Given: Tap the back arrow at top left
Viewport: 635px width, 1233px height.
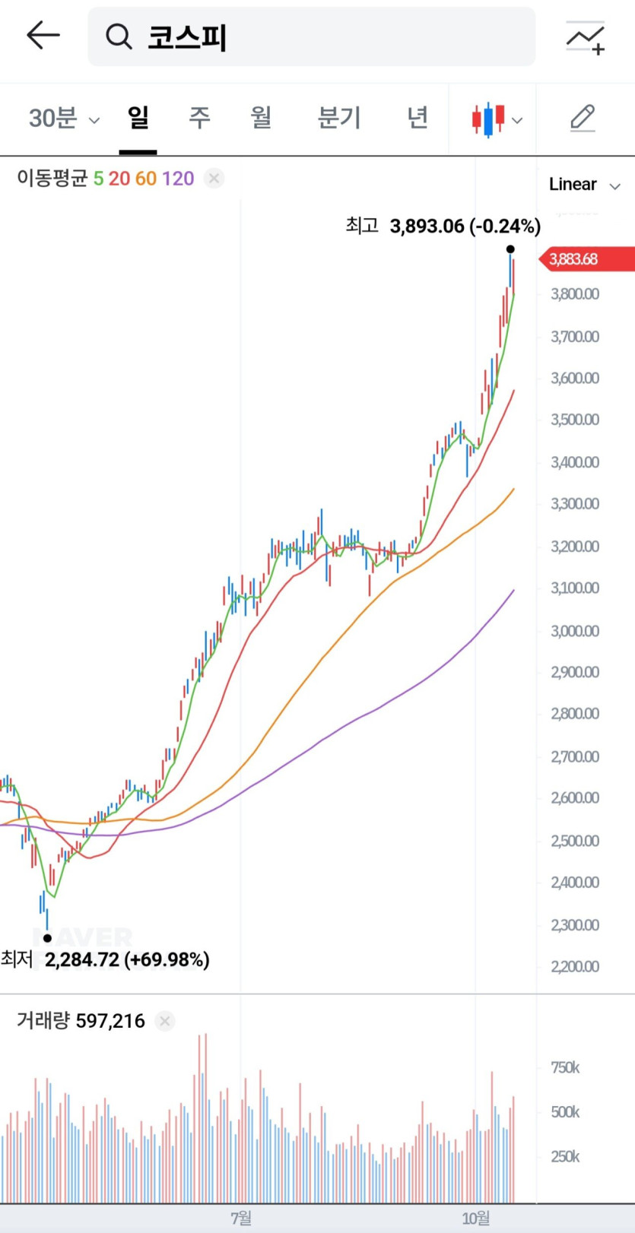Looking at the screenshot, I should pyautogui.click(x=43, y=36).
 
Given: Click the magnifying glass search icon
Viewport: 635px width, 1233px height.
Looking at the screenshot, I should pyautogui.click(x=119, y=36).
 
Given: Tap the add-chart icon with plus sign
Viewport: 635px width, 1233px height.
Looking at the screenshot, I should pyautogui.click(x=585, y=38).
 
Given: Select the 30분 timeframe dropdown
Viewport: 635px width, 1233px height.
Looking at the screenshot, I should pyautogui.click(x=63, y=119).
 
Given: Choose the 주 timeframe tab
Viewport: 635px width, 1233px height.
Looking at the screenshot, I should pyautogui.click(x=199, y=118).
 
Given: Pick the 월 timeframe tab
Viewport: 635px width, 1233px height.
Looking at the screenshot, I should pyautogui.click(x=261, y=118).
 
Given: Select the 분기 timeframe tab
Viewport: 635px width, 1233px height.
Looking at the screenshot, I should pyautogui.click(x=338, y=118).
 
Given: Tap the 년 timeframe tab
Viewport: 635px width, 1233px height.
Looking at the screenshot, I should pyautogui.click(x=417, y=118).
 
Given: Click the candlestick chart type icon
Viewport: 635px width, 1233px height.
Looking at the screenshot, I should pyautogui.click(x=496, y=119).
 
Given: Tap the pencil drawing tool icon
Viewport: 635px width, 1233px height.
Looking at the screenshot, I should pyautogui.click(x=583, y=119).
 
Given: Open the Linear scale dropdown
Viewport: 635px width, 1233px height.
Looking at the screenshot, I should pyautogui.click(x=584, y=185).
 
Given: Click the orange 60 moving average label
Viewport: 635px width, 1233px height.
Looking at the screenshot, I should pyautogui.click(x=145, y=179).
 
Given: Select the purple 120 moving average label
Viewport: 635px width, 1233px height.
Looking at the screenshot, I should pyautogui.click(x=178, y=179).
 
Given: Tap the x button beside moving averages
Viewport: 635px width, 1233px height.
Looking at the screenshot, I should pyautogui.click(x=214, y=179).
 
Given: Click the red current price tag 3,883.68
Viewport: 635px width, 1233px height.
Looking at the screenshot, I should pyautogui.click(x=586, y=259).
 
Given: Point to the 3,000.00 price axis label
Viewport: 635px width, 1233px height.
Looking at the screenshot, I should pyautogui.click(x=575, y=631).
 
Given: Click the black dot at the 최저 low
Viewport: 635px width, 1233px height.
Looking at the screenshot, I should pyautogui.click(x=47, y=938).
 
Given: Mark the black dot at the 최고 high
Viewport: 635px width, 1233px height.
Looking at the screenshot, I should pyautogui.click(x=510, y=249).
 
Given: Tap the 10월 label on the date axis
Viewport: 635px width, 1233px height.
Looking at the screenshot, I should pyautogui.click(x=476, y=1219).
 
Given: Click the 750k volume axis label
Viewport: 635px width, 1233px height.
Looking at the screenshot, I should pyautogui.click(x=565, y=1068).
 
